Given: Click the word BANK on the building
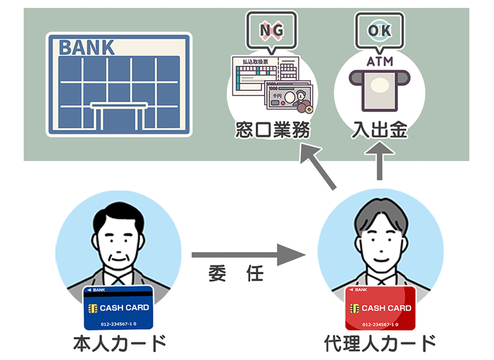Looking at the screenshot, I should (x=87, y=47).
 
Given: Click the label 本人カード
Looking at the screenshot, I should (x=119, y=344).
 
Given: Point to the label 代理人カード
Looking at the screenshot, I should (x=381, y=344).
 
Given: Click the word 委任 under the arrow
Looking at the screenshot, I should (x=235, y=274).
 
